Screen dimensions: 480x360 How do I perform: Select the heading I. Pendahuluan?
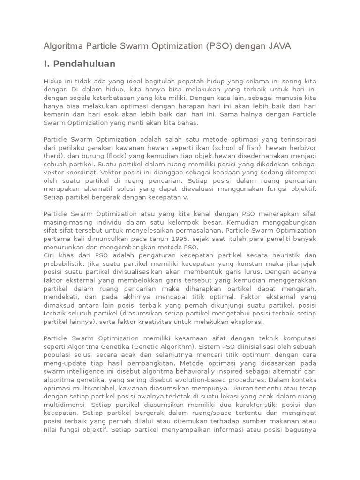click(x=79, y=63)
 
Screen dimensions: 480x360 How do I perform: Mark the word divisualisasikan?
click(x=136, y=272)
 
